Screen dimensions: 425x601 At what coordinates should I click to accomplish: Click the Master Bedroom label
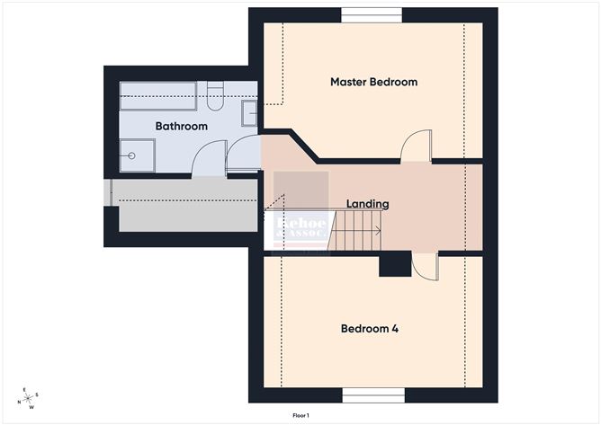tap(373, 82)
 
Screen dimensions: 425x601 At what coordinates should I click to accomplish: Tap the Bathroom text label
tap(181, 127)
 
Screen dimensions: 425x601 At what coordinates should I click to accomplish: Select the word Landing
tap(368, 204)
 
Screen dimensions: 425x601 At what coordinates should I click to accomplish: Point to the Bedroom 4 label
tap(369, 329)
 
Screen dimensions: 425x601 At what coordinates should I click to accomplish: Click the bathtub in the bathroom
tap(158, 95)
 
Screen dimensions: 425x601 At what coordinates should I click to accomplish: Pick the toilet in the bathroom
tap(214, 94)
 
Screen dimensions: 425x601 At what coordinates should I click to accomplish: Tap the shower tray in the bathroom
tap(138, 155)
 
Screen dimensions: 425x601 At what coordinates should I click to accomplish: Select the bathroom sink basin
tap(249, 113)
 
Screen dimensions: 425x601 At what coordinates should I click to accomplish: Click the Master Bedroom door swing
tap(416, 147)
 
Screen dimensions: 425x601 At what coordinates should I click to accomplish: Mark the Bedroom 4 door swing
tap(424, 265)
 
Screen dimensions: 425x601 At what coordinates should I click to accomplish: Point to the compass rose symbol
tap(30, 397)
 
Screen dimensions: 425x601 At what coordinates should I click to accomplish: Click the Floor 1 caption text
tap(300, 415)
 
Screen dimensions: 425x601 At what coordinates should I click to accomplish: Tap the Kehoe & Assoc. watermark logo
tap(301, 229)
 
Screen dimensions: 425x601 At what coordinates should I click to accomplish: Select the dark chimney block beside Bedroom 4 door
tap(394, 265)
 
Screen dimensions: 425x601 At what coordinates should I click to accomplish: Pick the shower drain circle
tap(132, 155)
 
